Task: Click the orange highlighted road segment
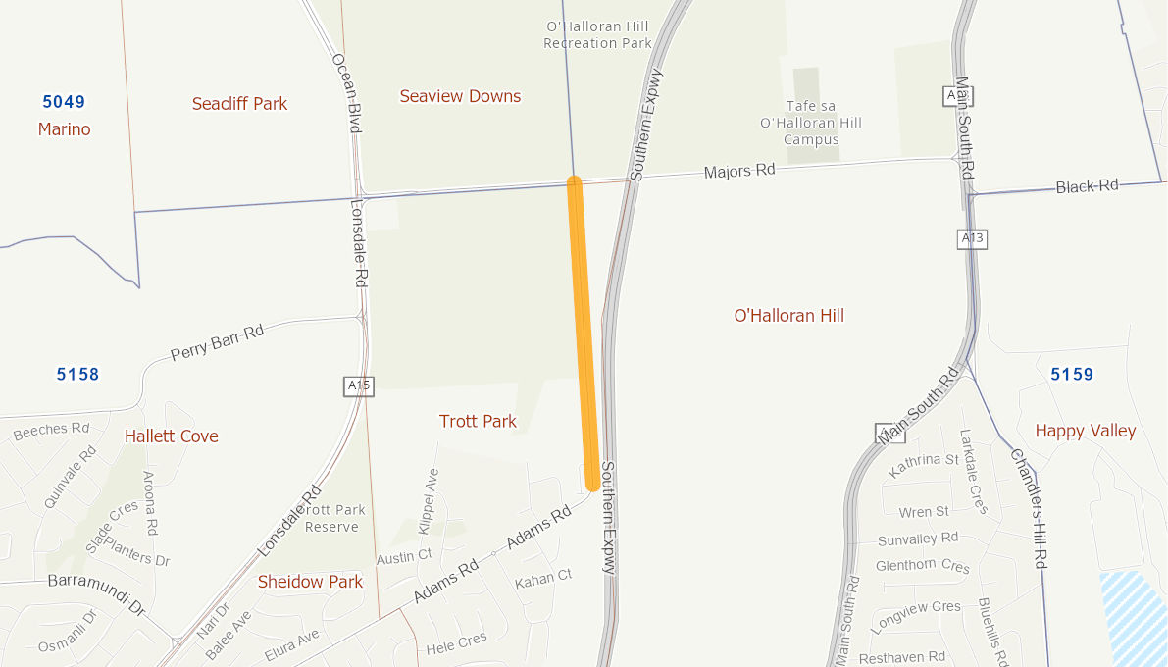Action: click(583, 333)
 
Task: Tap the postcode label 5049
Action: click(64, 101)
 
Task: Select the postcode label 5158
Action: click(77, 374)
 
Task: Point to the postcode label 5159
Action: click(1071, 374)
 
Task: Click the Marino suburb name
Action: click(64, 129)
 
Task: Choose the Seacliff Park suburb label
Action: click(239, 103)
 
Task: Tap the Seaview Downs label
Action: click(460, 96)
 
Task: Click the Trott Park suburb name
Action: click(478, 421)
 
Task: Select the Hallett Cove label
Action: click(172, 436)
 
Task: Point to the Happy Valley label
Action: click(1085, 431)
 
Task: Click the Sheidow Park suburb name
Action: click(310, 582)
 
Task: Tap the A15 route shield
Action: click(359, 385)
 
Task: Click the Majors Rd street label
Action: click(739, 172)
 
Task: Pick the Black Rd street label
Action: click(1087, 186)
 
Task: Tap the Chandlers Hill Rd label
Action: click(1029, 508)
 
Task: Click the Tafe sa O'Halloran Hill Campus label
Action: click(810, 123)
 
